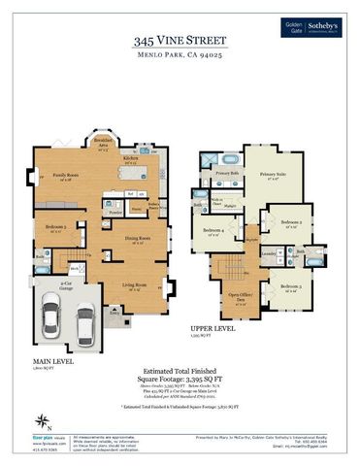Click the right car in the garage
[85, 323]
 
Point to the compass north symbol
[41, 420]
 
